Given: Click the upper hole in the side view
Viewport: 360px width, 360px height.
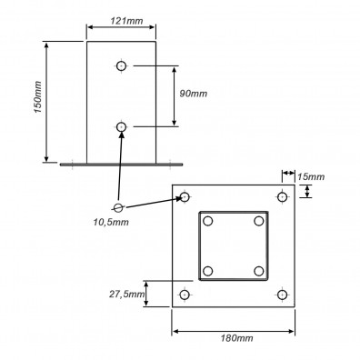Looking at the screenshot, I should [122, 65].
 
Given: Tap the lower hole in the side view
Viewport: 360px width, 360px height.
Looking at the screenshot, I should [122, 126].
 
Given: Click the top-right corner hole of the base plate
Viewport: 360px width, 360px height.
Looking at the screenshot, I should [282, 197].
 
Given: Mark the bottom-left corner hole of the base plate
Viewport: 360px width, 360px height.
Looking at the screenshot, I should [185, 295].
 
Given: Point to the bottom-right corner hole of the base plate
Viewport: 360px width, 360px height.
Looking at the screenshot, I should [282, 295].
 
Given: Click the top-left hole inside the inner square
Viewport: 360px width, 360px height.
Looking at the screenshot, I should [209, 221].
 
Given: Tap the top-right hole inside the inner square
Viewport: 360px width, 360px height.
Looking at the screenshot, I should [259, 221].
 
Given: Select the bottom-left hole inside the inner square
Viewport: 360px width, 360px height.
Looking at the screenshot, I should [209, 271].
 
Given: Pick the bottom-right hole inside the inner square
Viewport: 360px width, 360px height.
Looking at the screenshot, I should [259, 271].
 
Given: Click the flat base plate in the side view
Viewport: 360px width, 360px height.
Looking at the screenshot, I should [122, 165].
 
